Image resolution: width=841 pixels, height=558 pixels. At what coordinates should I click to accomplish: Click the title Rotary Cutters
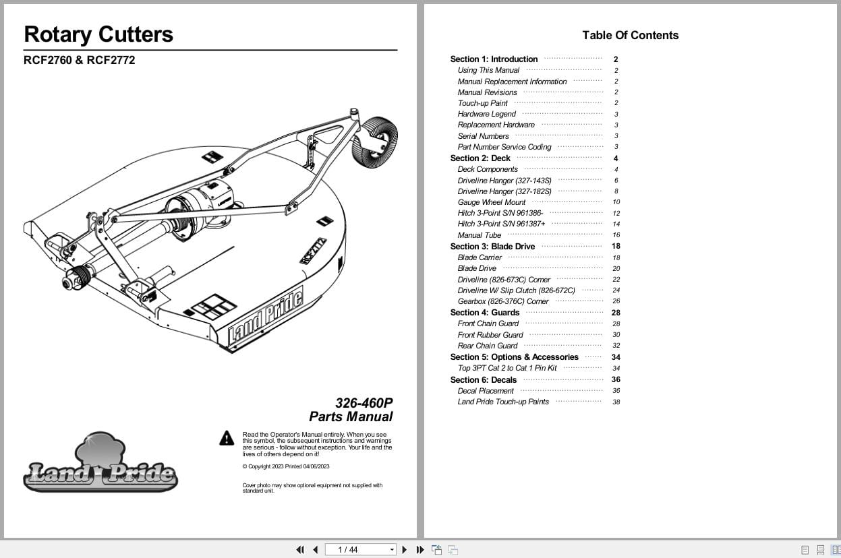pyautogui.click(x=98, y=34)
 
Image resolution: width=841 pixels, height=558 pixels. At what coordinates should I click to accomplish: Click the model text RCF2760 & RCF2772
pyautogui.click(x=79, y=60)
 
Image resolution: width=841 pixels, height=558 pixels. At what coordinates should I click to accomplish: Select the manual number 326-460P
pyautogui.click(x=364, y=403)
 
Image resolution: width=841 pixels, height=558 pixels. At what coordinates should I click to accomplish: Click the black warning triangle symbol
pyautogui.click(x=227, y=438)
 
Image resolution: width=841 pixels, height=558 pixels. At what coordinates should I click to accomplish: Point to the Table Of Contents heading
pyautogui.click(x=630, y=35)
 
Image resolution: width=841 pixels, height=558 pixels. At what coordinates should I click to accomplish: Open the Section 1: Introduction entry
pyautogui.click(x=494, y=59)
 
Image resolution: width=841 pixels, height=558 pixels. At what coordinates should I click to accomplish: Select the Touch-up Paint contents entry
pyautogui.click(x=482, y=103)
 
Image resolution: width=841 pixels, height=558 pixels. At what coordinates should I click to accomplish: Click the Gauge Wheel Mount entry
pyautogui.click(x=491, y=202)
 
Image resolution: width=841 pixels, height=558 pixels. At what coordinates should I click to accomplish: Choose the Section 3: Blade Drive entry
pyautogui.click(x=492, y=247)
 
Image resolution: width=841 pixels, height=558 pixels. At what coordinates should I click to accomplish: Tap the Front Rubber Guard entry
pyautogui.click(x=490, y=335)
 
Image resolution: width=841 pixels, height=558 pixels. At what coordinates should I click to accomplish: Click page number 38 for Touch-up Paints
pyautogui.click(x=616, y=402)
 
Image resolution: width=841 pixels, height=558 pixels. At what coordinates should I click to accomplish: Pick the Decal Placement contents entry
pyautogui.click(x=486, y=391)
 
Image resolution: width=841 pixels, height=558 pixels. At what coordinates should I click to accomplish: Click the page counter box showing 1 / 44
pyautogui.click(x=360, y=550)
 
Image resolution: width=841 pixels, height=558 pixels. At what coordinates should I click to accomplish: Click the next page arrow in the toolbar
pyautogui.click(x=405, y=550)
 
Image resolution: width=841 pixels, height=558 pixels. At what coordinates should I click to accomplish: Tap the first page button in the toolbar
pyautogui.click(x=300, y=550)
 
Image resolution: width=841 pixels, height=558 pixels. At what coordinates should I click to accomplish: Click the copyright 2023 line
pyautogui.click(x=286, y=466)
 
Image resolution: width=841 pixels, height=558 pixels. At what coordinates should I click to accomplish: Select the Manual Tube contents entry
pyautogui.click(x=480, y=235)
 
